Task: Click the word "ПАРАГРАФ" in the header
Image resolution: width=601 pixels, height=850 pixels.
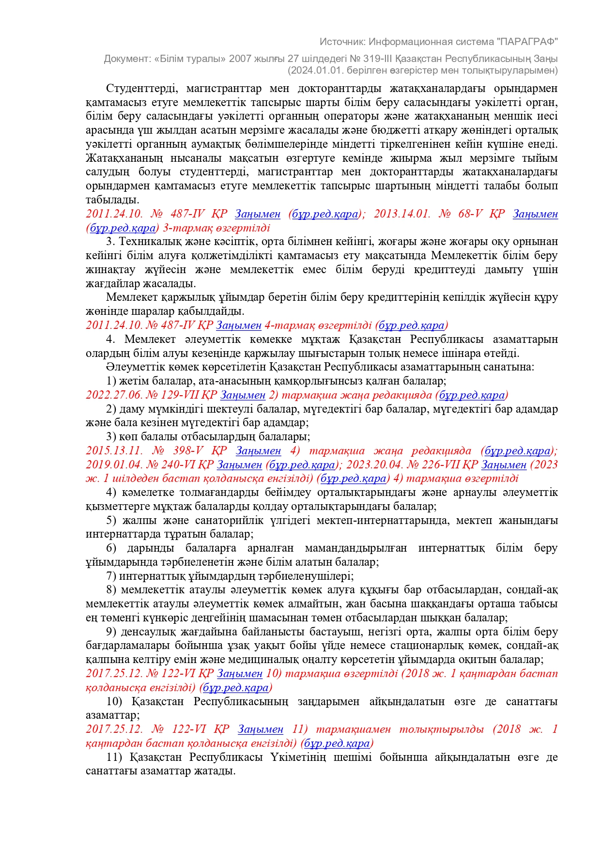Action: click(x=528, y=42)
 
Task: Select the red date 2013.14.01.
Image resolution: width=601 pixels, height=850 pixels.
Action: click(x=401, y=214)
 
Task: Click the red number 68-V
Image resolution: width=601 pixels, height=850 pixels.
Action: click(x=470, y=214)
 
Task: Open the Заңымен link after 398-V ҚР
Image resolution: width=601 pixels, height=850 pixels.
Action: click(x=258, y=451)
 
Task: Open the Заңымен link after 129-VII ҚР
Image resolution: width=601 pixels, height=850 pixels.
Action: click(x=243, y=395)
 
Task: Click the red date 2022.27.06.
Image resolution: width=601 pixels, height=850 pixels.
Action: click(x=114, y=395)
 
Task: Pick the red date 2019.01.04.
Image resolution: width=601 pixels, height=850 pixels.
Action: click(x=114, y=465)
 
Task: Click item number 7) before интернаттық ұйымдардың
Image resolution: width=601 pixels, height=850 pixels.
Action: click(x=111, y=576)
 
